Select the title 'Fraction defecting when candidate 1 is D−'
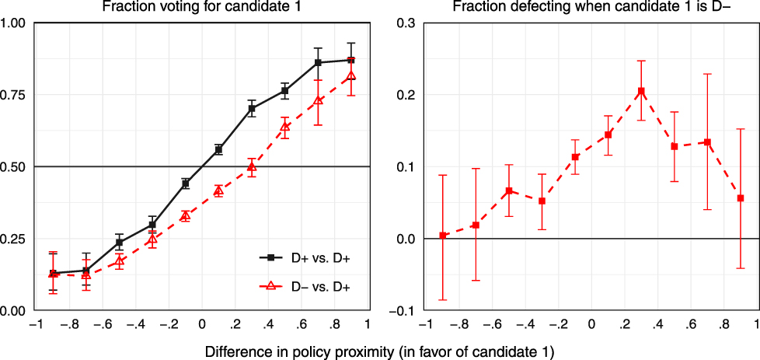pyautogui.click(x=590, y=8)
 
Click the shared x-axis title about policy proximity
pyautogui.click(x=380, y=351)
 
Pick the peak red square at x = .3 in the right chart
pyautogui.click(x=641, y=91)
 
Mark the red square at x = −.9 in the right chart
pyautogui.click(x=443, y=236)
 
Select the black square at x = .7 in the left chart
pyautogui.click(x=319, y=62)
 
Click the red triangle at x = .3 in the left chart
pyautogui.click(x=252, y=166)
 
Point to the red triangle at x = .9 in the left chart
pyautogui.click(x=351, y=75)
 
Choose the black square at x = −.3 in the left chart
pyautogui.click(x=152, y=225)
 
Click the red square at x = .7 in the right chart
pyautogui.click(x=707, y=142)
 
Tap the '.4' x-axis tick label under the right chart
pyautogui.click(x=657, y=324)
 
